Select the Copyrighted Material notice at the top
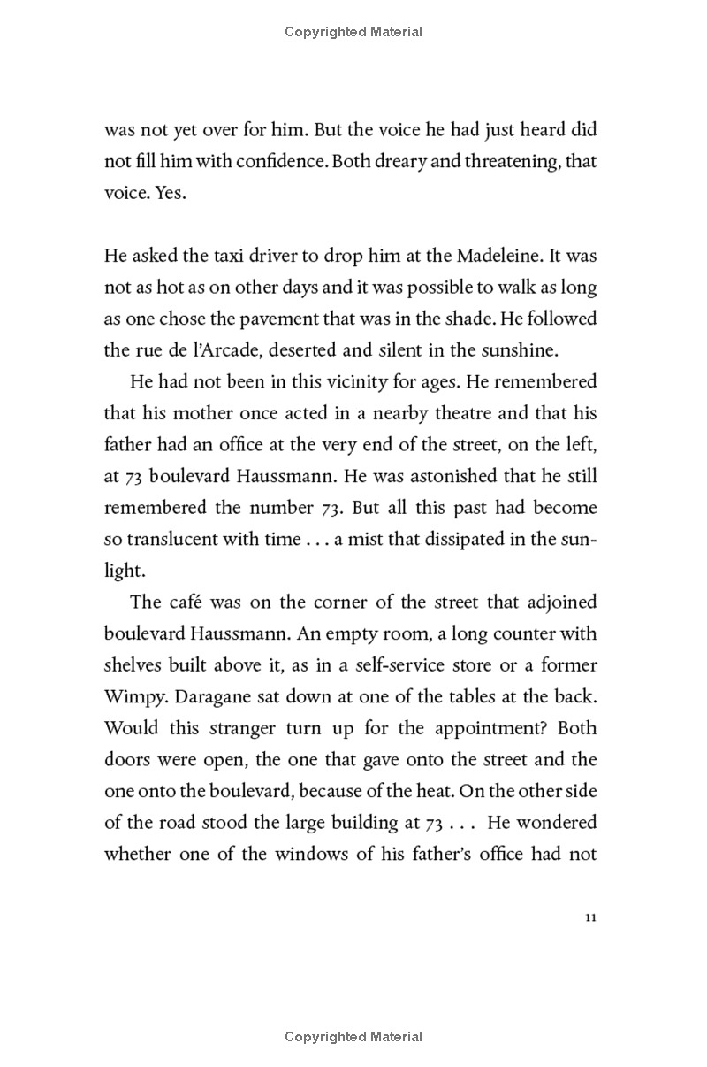[353, 32]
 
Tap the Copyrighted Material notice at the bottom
[353, 1036]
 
